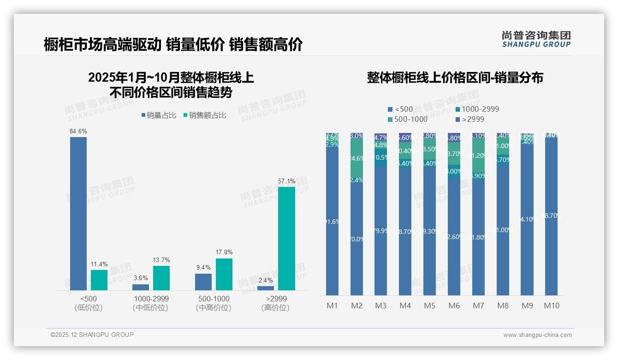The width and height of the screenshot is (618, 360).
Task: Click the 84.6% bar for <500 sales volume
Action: point(78,213)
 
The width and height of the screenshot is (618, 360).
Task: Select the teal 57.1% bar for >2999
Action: point(286,238)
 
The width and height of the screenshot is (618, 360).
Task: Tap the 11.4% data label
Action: point(99,264)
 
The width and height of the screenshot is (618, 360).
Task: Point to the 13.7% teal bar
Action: point(161,278)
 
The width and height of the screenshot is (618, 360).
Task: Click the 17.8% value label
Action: point(224,252)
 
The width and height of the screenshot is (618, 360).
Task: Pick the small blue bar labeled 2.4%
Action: point(266,288)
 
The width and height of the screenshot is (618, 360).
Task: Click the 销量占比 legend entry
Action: point(159,115)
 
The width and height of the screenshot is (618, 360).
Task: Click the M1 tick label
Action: point(332,306)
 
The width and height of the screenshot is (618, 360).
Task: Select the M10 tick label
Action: point(551,306)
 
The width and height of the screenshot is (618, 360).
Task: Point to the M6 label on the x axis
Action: point(454,306)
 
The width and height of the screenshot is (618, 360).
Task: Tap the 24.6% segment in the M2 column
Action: point(357,158)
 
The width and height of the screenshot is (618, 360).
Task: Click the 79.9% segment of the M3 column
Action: point(380,231)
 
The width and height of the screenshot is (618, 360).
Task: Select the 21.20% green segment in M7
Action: point(478,156)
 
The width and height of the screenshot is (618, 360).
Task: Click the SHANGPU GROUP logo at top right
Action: point(536,39)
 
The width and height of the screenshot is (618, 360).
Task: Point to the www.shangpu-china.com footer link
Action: point(537,335)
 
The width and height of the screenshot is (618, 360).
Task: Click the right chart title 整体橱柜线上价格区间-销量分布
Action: point(455,78)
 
